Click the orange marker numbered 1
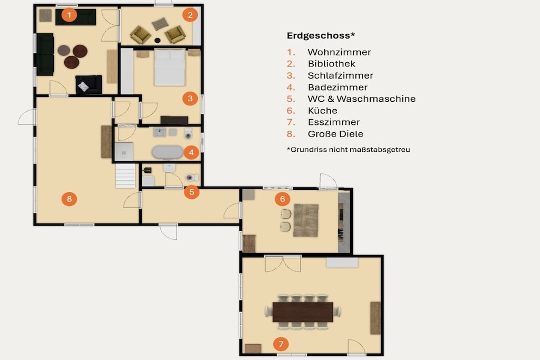[69, 15]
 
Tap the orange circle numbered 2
[190, 15]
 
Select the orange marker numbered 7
[281, 344]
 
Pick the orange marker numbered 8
[69, 199]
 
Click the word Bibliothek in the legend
[331, 64]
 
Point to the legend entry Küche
[322, 111]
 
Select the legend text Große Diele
[335, 134]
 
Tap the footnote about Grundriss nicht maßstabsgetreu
[348, 149]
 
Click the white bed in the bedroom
[169, 67]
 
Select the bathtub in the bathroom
[167, 152]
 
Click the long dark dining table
[303, 312]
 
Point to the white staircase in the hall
[126, 176]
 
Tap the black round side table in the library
[157, 40]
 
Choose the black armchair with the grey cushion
[89, 85]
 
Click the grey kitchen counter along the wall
[344, 222]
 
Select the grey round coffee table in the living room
[64, 50]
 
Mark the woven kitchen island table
[306, 220]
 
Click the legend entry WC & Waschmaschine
[361, 99]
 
